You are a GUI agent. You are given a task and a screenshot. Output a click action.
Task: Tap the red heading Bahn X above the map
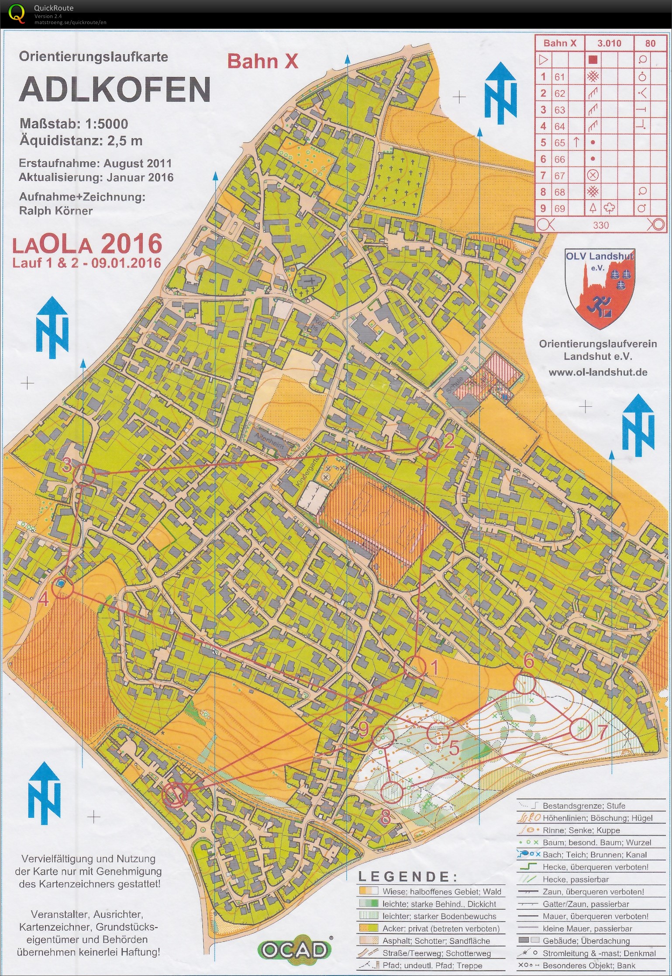(262, 62)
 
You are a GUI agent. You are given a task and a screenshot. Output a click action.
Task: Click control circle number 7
(580, 729)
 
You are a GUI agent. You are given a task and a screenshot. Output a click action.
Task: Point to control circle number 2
(428, 447)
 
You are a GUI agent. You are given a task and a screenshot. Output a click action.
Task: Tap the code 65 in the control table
(560, 143)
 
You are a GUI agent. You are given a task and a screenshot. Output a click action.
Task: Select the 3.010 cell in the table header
(609, 43)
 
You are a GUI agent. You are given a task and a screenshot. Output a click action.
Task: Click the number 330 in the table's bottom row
(601, 225)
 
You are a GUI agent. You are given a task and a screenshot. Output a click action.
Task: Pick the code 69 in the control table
(560, 208)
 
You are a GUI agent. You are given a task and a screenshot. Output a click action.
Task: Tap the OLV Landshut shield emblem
(600, 288)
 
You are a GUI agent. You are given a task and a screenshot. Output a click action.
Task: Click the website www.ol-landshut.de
(598, 372)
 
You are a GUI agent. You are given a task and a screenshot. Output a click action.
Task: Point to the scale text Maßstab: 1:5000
(74, 124)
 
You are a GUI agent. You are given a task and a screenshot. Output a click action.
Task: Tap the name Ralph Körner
(56, 211)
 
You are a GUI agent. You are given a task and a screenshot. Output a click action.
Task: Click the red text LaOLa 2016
(87, 245)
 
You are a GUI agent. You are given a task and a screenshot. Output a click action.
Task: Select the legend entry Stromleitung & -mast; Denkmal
(599, 953)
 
